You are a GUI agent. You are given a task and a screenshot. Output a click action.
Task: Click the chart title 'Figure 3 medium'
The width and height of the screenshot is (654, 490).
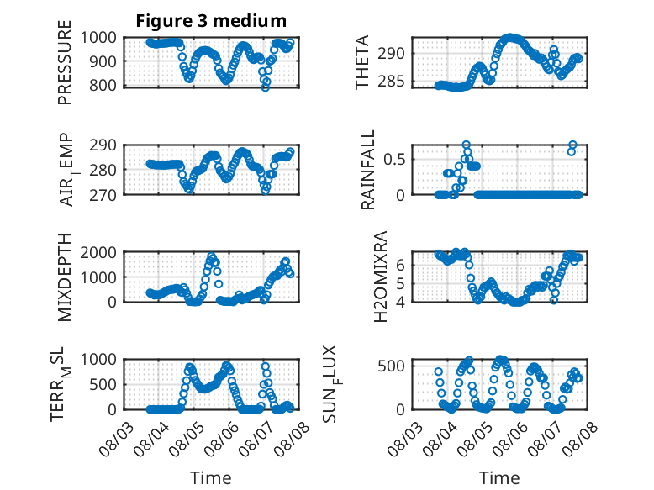(x=211, y=20)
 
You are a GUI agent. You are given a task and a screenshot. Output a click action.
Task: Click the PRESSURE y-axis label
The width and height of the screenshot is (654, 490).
(x=65, y=62)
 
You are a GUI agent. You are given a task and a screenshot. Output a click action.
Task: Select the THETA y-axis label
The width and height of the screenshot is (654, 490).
(x=362, y=62)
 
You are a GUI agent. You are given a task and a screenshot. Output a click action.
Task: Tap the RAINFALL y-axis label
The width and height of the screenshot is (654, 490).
(x=368, y=170)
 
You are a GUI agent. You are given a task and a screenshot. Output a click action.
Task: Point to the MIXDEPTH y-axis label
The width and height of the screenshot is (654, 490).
(x=65, y=277)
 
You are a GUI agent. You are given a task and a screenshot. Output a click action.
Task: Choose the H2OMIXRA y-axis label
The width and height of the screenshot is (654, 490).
(x=381, y=277)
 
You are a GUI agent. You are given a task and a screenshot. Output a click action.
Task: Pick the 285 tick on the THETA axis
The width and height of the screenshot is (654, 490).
(x=391, y=81)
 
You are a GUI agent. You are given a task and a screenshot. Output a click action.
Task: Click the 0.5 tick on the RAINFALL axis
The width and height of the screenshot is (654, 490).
(x=394, y=159)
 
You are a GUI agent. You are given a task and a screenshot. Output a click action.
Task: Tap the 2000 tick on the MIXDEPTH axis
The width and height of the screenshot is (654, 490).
(x=98, y=252)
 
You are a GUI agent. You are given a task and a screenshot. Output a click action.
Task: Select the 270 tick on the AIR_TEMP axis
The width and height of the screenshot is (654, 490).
(x=103, y=195)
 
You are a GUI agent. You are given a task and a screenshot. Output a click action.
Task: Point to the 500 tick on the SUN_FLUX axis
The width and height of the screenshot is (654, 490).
(x=391, y=366)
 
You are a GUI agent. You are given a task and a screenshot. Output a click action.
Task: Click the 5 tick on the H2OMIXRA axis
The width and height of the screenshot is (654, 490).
(x=401, y=283)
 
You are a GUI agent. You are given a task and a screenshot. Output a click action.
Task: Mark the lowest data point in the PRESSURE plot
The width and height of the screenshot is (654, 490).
(x=266, y=87)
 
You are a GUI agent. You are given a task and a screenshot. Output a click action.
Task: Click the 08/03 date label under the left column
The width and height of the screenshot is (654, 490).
(x=116, y=440)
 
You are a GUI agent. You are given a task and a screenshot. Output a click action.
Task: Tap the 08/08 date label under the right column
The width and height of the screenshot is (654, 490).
(x=580, y=440)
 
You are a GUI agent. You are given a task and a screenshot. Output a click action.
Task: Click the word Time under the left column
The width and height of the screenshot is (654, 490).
(x=211, y=477)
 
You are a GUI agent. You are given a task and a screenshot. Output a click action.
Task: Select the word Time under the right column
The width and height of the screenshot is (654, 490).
(x=499, y=477)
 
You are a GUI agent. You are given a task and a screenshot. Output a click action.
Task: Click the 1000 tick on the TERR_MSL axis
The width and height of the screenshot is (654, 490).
(x=98, y=360)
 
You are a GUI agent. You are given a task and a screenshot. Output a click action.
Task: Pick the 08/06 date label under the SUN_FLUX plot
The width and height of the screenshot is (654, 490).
(x=510, y=440)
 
